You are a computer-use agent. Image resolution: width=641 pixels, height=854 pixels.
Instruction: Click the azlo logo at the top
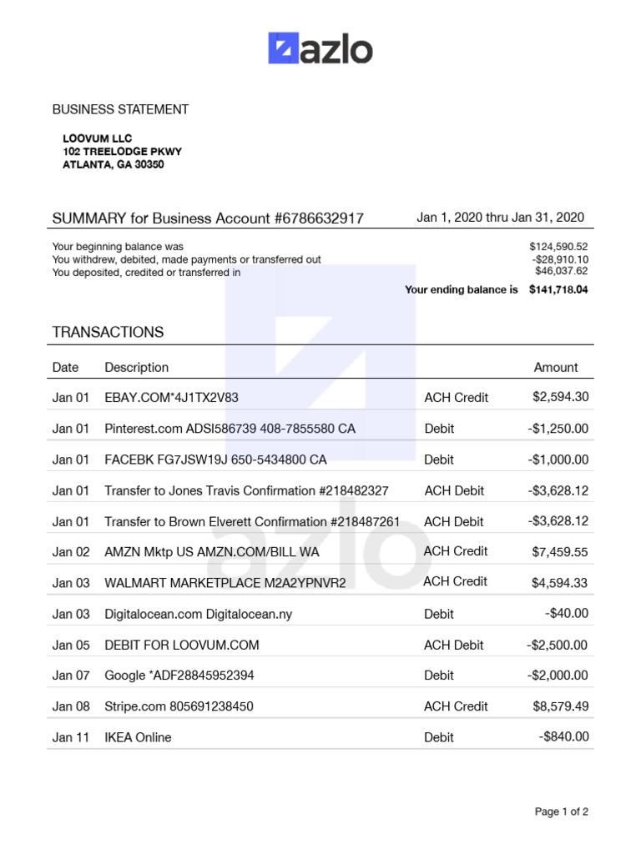click(320, 49)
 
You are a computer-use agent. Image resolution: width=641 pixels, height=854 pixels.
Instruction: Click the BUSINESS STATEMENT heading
click(120, 109)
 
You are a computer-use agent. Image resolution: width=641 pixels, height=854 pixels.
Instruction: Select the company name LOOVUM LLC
click(98, 138)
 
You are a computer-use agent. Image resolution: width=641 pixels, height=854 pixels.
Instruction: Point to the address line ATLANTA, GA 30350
click(114, 165)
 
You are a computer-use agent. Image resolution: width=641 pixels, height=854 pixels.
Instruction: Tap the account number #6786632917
click(319, 219)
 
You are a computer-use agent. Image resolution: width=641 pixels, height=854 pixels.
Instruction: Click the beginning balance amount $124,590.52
click(558, 247)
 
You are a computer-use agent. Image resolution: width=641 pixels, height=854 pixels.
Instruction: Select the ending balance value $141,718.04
click(558, 290)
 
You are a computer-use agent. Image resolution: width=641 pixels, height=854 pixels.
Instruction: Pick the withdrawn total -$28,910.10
click(560, 259)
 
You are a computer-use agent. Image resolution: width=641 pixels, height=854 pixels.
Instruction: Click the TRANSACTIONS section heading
click(108, 332)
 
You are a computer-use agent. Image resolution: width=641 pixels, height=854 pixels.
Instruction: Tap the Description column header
click(136, 368)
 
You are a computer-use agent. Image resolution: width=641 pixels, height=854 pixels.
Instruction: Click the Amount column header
click(555, 368)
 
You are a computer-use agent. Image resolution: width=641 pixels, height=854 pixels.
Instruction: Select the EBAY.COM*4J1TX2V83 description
click(171, 398)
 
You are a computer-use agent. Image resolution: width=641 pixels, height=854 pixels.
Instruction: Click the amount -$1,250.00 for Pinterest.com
click(558, 429)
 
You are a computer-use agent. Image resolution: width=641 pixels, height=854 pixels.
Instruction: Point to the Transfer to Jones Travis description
click(246, 491)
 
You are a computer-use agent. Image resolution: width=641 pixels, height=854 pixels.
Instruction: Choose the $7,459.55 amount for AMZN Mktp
click(560, 551)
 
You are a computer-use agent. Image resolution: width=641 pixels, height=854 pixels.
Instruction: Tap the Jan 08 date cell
click(70, 706)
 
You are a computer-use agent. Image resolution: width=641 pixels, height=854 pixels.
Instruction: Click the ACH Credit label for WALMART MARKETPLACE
click(455, 581)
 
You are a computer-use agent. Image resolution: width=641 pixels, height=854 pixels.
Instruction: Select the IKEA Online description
click(138, 737)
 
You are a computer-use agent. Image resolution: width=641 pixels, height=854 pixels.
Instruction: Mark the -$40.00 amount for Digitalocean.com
click(567, 613)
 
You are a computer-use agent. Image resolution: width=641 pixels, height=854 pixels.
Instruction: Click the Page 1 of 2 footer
click(561, 811)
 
